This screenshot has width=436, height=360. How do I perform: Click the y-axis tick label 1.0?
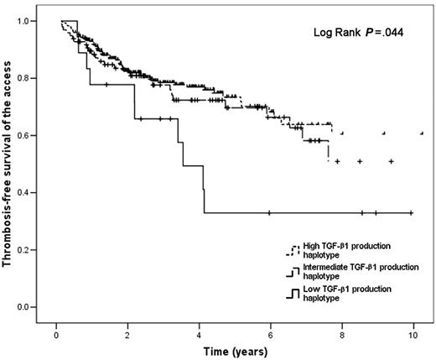(34, 21)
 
